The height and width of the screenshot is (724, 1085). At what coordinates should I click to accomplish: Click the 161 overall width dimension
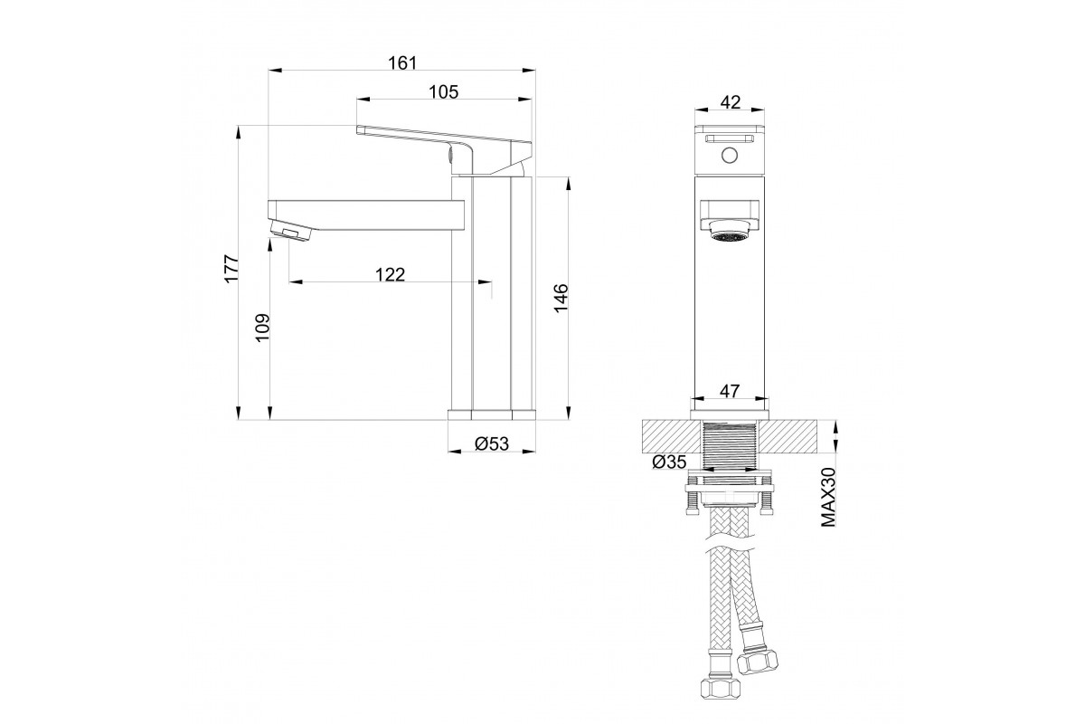click(x=402, y=63)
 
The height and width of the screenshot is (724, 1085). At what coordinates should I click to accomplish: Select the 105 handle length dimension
click(x=443, y=91)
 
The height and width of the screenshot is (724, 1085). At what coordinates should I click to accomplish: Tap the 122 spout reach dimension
click(x=390, y=274)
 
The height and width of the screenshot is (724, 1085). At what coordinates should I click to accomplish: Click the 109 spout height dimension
click(x=262, y=328)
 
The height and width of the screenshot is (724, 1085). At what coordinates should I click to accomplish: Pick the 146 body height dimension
click(x=561, y=299)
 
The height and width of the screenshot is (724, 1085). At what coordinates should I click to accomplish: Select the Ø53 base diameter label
click(x=492, y=443)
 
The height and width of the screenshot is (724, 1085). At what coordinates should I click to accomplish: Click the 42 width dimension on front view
click(x=731, y=102)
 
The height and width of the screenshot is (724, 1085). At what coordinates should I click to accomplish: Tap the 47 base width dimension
click(x=730, y=391)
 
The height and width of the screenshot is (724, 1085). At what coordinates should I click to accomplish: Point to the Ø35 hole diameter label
click(x=669, y=462)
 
